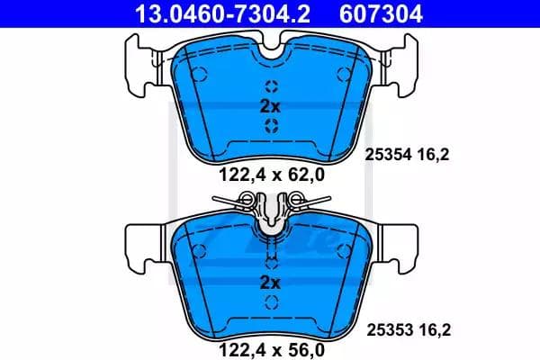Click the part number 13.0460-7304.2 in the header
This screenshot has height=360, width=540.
222,13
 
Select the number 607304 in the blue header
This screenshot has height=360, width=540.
381,13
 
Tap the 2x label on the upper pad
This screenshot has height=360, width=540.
270,107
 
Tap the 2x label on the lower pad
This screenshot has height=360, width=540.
270,283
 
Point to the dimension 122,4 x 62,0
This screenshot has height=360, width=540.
272,175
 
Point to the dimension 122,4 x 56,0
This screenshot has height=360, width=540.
272,350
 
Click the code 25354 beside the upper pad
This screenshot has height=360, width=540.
388,155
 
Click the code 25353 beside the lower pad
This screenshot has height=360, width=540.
390,330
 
